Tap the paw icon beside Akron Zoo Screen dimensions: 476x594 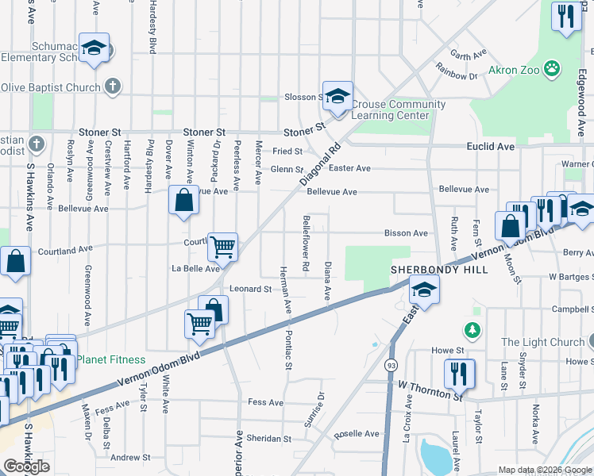click(x=551, y=70)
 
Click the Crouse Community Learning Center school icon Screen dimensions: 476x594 click(x=337, y=97)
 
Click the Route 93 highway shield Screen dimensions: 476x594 click(x=391, y=365)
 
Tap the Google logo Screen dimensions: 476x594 click(x=26, y=466)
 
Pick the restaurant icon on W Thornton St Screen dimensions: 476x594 click(x=459, y=373)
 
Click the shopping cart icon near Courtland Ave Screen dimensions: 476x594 click(x=223, y=247)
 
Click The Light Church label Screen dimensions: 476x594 click(x=543, y=343)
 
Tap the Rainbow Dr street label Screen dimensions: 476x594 click(x=461, y=76)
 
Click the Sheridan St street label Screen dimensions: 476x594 click(x=269, y=438)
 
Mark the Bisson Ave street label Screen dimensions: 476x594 click(x=407, y=233)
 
